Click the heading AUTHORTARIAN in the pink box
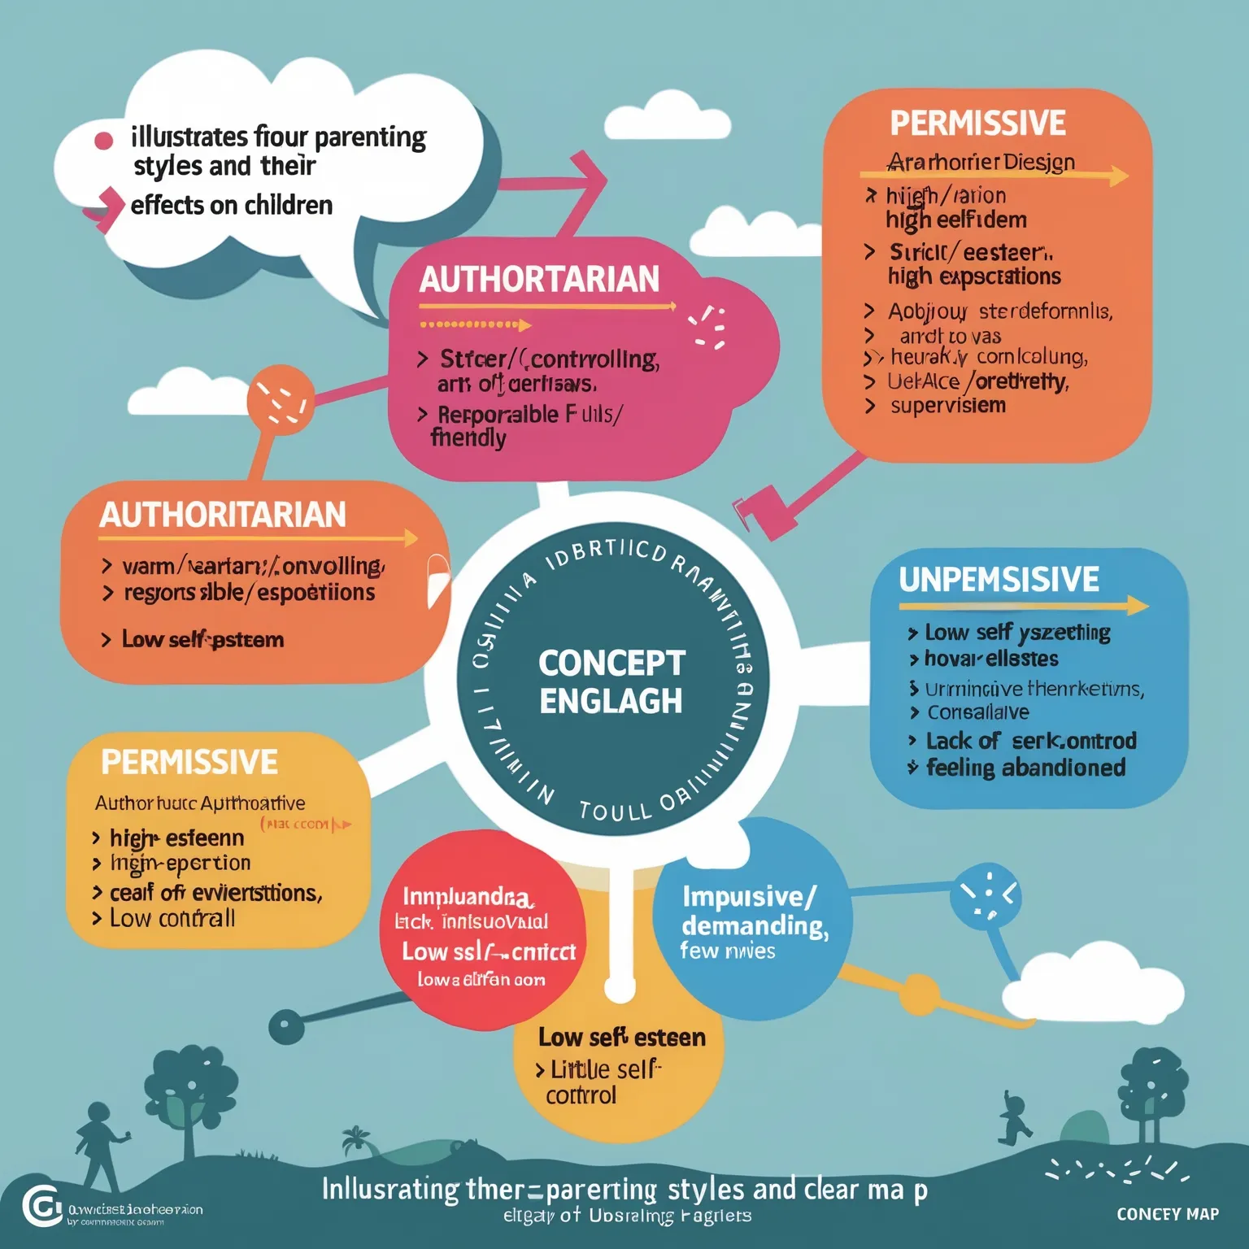pos(539,280)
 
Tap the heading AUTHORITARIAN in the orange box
pos(223,515)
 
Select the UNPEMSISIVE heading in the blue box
pos(999,580)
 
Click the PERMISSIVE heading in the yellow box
pos(189,763)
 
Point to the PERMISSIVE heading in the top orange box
pos(977,124)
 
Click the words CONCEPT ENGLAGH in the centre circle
pos(611,682)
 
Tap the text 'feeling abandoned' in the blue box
pos(1025,768)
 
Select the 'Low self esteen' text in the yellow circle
pos(621,1038)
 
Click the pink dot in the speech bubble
pos(104,141)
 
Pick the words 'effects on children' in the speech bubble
pos(232,205)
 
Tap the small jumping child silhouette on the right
pos(1013,1121)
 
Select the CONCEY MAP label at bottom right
pos(1167,1214)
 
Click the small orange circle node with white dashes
pos(281,398)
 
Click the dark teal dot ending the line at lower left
pos(286,1027)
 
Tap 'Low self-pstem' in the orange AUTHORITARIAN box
pos(202,640)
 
